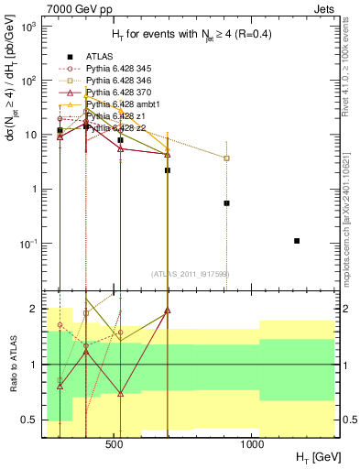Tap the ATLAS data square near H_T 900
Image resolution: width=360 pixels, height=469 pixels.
pos(226,203)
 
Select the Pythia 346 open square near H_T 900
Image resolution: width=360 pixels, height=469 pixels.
pos(226,158)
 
